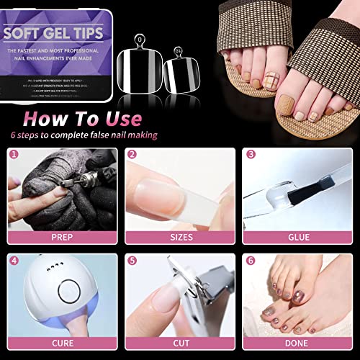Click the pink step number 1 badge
[x=14, y=153]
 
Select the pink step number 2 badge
[x=132, y=153]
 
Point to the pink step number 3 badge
[x=251, y=153]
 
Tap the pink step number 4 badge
[x=14, y=260]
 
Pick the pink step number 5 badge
[x=132, y=260]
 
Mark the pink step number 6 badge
[x=251, y=260]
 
